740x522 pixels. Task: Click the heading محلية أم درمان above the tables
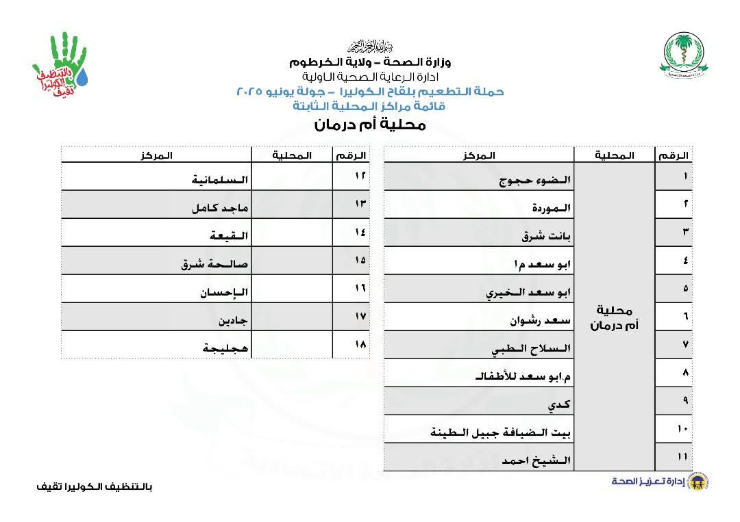point(370,125)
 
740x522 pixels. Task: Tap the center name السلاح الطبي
point(532,350)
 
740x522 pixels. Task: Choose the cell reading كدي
point(559,405)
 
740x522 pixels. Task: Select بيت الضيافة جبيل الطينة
point(501,432)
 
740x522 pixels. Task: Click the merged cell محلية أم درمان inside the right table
point(614,318)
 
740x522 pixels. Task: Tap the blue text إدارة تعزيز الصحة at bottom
point(640,482)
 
